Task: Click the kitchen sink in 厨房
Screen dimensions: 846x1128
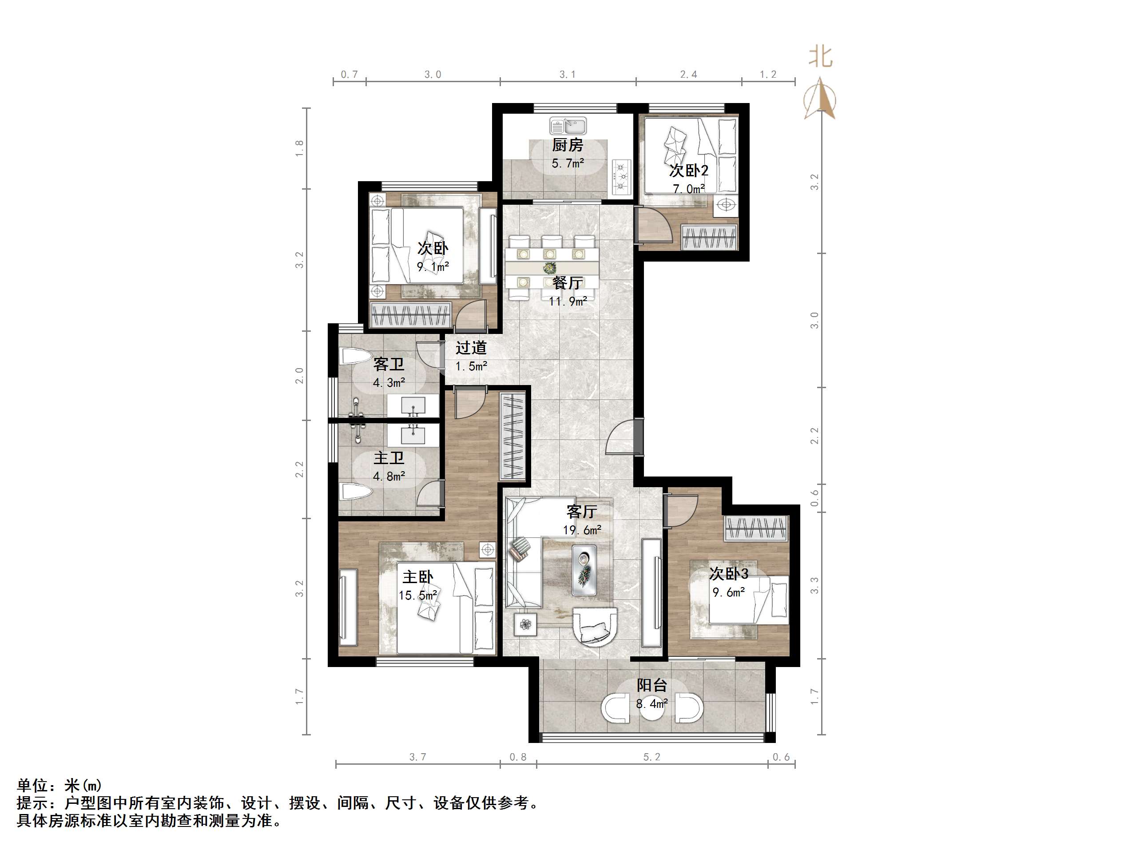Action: (x=568, y=125)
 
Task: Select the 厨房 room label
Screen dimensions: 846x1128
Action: (x=568, y=145)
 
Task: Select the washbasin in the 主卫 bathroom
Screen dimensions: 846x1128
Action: (x=413, y=434)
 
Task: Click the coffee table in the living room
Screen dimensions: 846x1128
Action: (x=584, y=570)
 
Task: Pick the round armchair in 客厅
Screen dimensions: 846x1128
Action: (x=595, y=627)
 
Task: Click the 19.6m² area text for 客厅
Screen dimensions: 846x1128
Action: (x=582, y=530)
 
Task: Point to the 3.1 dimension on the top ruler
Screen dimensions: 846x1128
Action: (x=568, y=75)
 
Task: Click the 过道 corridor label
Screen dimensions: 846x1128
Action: (x=471, y=348)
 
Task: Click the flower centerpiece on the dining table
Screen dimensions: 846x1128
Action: (x=549, y=267)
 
